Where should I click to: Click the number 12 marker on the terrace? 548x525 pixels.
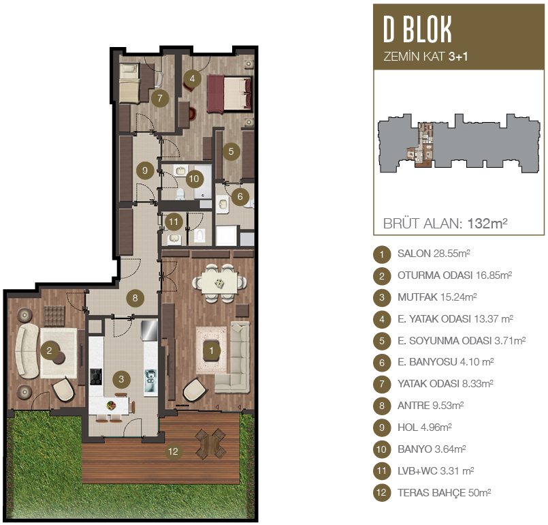coord(174,451)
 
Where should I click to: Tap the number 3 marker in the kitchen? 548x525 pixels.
coord(121,379)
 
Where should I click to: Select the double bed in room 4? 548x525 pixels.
coord(229,94)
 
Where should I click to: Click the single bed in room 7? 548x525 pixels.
coord(129,83)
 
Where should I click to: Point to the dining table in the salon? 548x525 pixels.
coord(219,283)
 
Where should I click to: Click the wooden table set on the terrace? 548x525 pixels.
coord(210,444)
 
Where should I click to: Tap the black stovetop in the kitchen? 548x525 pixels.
coord(96,376)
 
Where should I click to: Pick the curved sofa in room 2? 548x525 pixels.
coord(27,350)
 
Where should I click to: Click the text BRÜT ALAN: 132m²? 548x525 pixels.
coord(445,224)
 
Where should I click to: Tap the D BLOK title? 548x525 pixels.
coord(418,29)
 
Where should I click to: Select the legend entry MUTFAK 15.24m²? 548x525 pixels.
coord(437,297)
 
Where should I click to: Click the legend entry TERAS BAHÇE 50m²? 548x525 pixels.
coord(445,493)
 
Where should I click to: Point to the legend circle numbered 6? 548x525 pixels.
coord(382,363)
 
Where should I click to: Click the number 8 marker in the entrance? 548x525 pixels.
coord(135,298)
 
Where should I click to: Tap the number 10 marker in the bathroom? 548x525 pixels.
coord(194,179)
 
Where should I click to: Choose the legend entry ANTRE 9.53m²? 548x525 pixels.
coord(430,406)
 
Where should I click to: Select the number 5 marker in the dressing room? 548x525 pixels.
coord(231,151)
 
